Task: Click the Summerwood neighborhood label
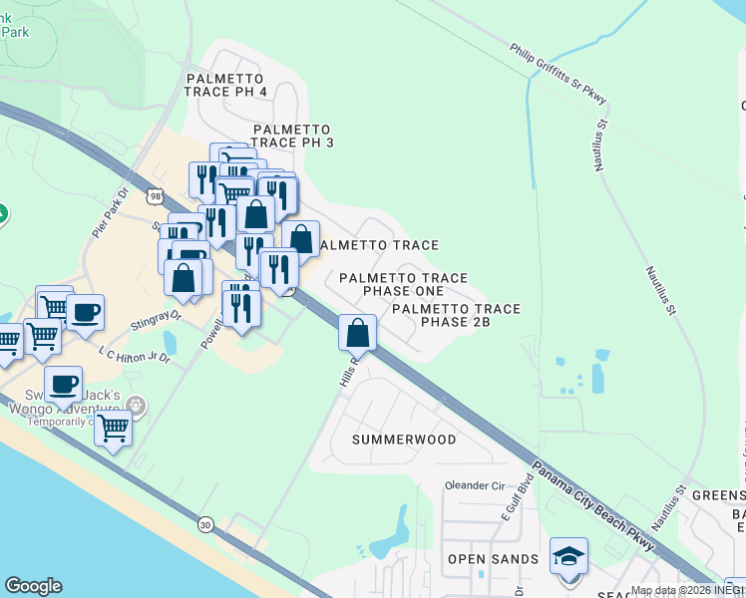point(404,440)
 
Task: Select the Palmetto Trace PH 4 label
point(225,85)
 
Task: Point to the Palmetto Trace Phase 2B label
point(456,316)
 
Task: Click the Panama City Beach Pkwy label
point(592,507)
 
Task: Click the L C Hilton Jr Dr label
point(135,355)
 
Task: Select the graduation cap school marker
point(568,557)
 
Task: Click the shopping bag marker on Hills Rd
point(358,333)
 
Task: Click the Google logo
point(33,586)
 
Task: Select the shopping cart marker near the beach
point(113,429)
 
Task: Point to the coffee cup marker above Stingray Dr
point(84,311)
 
